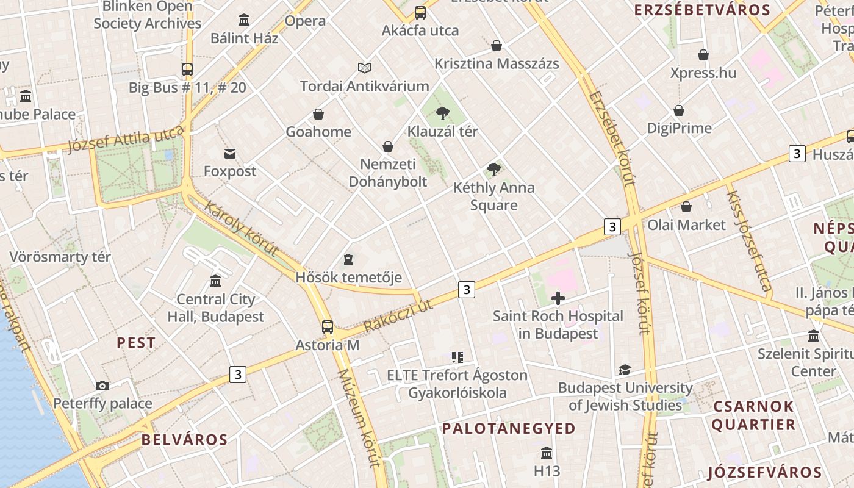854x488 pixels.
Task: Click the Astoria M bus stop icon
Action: [x=328, y=326]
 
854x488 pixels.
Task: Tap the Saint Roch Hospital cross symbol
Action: [x=558, y=298]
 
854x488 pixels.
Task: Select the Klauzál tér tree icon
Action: [x=443, y=113]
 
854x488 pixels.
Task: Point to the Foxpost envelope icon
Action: [x=230, y=153]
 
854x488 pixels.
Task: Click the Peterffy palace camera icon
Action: [x=102, y=386]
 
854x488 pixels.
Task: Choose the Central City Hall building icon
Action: [x=215, y=281]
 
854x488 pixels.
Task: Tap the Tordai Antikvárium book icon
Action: [x=365, y=68]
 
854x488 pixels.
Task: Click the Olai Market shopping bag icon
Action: [x=686, y=207]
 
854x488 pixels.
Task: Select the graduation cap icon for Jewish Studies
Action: [x=625, y=370]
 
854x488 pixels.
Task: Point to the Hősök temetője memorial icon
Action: [x=348, y=259]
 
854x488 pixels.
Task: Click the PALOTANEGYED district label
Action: [x=509, y=429]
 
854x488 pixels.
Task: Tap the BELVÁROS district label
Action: [x=184, y=440]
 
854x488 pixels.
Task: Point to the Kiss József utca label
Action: [x=748, y=240]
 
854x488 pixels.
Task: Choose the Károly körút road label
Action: [x=241, y=229]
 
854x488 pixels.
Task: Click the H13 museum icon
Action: [x=546, y=453]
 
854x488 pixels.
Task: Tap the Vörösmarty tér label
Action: [x=60, y=257]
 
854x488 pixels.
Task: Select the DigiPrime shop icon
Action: [x=679, y=110]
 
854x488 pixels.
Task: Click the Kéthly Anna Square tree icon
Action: [x=494, y=170]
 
